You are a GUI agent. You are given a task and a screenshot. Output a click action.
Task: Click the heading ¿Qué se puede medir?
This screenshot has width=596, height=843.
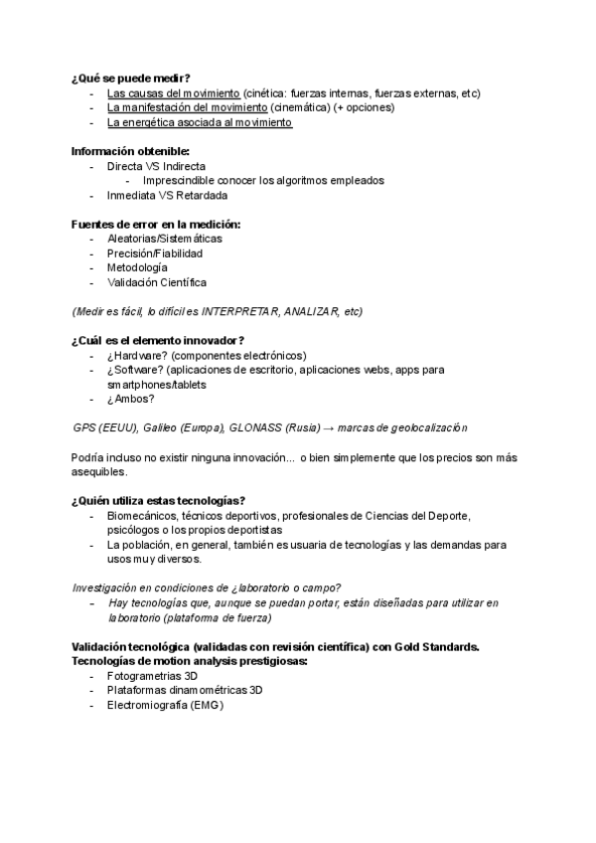[131, 78]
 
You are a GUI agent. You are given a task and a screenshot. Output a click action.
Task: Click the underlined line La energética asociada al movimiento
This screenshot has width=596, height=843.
[200, 122]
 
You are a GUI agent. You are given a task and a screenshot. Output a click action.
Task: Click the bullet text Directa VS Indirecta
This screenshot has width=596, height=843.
[157, 166]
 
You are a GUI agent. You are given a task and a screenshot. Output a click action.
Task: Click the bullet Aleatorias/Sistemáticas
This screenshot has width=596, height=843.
[165, 239]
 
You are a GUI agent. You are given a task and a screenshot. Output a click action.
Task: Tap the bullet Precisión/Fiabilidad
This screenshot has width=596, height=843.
[163, 253]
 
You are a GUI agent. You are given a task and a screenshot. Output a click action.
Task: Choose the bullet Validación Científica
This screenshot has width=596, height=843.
[157, 282]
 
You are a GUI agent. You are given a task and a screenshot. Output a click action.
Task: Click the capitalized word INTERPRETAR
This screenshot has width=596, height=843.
[238, 311]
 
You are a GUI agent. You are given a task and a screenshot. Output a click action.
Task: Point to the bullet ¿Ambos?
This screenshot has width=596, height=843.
[131, 399]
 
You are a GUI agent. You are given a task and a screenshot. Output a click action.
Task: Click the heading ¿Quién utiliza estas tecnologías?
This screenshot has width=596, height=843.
[159, 500]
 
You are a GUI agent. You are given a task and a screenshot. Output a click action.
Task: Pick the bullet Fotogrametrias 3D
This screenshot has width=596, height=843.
[154, 675]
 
